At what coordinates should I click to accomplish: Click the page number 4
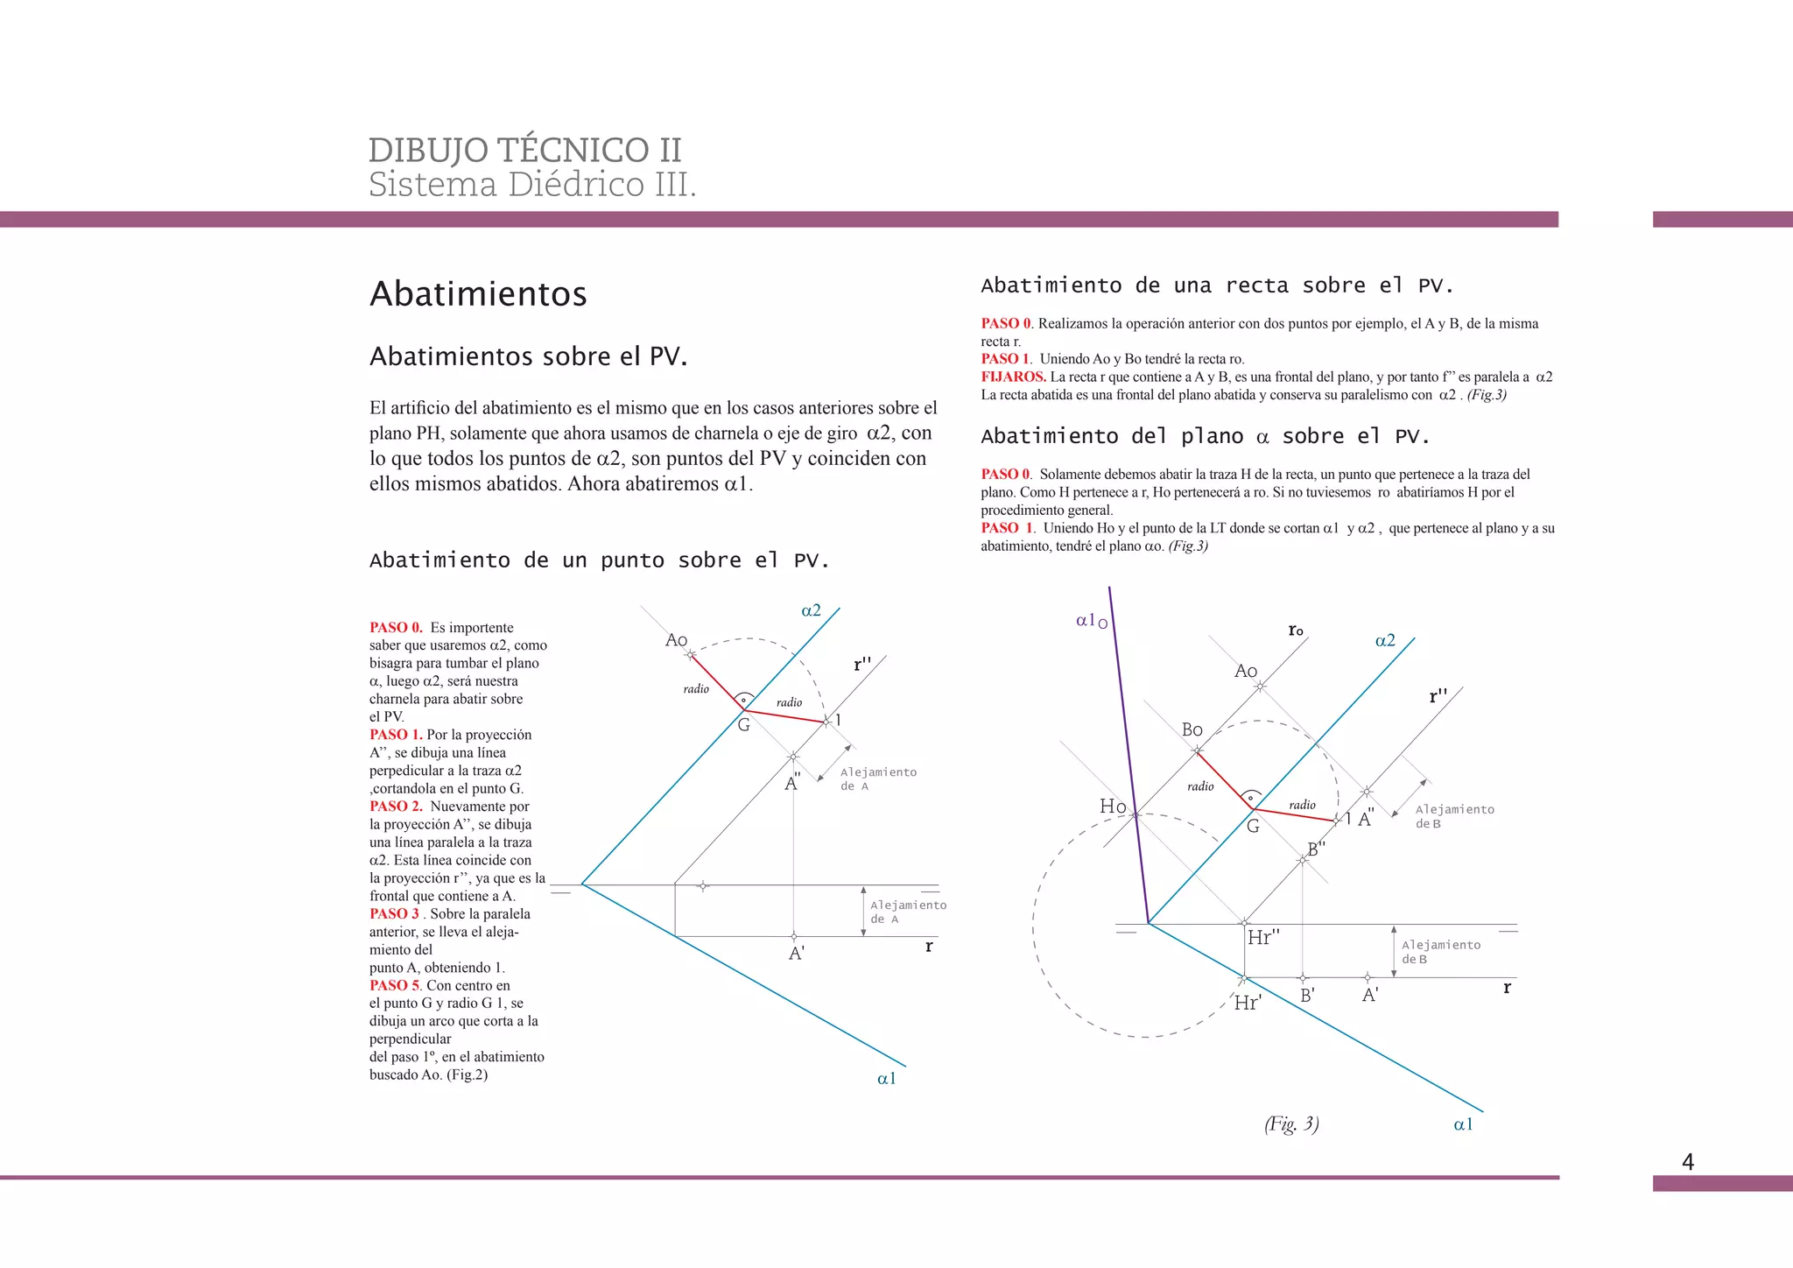point(1688,1162)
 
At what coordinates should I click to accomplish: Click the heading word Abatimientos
point(478,294)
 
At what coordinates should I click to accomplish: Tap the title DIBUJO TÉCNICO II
point(524,150)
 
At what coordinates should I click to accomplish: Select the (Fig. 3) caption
point(1291,1124)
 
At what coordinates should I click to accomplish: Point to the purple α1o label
point(1091,621)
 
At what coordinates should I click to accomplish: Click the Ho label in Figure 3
point(1113,806)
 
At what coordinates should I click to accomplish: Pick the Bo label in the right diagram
point(1192,729)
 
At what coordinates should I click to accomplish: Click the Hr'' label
point(1263,938)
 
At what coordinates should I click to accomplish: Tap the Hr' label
point(1248,1004)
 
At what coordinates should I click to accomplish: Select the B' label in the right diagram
point(1307,996)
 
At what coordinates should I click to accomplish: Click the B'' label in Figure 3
point(1316,849)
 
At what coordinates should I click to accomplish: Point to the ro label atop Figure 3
point(1296,630)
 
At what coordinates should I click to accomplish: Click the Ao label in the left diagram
point(676,640)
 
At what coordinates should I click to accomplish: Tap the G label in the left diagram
point(743,725)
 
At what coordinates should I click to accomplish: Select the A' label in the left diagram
point(797,954)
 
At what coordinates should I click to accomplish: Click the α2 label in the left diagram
point(811,610)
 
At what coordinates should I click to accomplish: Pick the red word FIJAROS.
point(1013,377)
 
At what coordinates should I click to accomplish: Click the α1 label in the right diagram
point(1463,1124)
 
